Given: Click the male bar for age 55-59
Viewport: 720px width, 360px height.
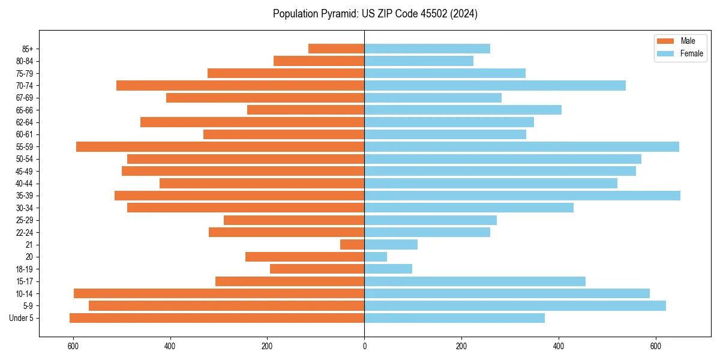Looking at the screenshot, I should [220, 146].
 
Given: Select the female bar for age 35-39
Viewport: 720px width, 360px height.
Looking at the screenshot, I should [522, 196].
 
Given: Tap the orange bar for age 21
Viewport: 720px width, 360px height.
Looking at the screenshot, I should [352, 244].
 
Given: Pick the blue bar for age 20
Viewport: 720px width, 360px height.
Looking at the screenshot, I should [376, 257].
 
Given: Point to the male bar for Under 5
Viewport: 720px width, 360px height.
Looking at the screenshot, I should [217, 318].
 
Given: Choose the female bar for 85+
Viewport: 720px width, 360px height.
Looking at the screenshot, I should [427, 49].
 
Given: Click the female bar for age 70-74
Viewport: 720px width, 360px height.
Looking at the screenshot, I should [495, 85].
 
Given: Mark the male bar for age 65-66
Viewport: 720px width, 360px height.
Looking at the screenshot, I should [305, 110].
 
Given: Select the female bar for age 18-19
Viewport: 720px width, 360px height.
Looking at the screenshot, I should [388, 269].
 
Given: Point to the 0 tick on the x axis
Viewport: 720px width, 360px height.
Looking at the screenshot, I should [364, 346].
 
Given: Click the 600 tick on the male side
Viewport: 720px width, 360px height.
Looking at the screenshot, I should [73, 346].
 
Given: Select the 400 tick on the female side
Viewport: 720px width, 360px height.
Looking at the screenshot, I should [559, 346].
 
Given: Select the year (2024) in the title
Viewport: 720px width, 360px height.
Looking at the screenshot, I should [466, 14].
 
